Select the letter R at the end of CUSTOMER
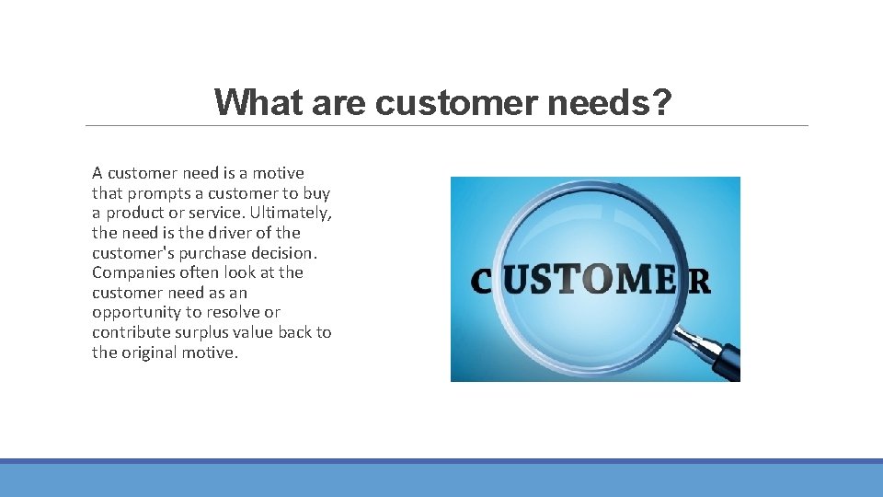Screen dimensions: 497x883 pos(699,281)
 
